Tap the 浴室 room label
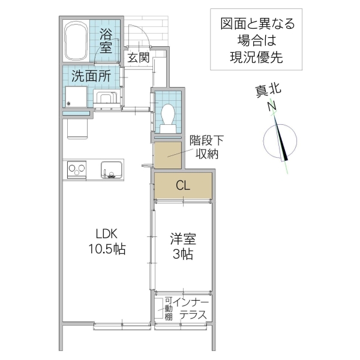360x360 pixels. (x=106, y=40)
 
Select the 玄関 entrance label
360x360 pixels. (x=137, y=58)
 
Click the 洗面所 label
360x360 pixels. (x=91, y=76)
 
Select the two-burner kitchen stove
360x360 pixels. (x=76, y=169)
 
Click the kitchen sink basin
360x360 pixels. (x=111, y=169)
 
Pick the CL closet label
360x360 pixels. (x=183, y=185)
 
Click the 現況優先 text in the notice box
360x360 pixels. (x=256, y=58)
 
